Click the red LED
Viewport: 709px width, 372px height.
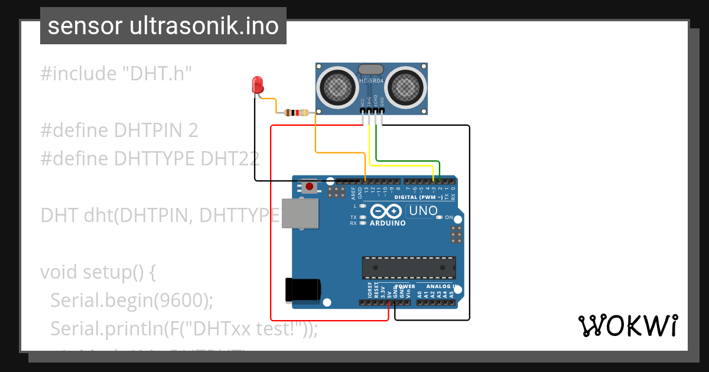(258, 85)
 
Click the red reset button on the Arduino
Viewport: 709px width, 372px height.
(309, 187)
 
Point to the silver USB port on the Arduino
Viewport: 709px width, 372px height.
(300, 213)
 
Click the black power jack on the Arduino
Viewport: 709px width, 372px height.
(303, 290)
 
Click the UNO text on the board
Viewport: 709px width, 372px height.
(423, 211)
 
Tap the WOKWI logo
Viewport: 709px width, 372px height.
(627, 325)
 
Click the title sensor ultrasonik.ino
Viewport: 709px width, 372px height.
(163, 26)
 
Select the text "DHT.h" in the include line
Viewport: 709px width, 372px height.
(157, 74)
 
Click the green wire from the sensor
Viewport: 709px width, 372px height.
(408, 160)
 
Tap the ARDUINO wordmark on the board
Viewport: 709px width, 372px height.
(388, 223)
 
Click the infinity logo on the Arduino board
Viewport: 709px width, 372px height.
(386, 211)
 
